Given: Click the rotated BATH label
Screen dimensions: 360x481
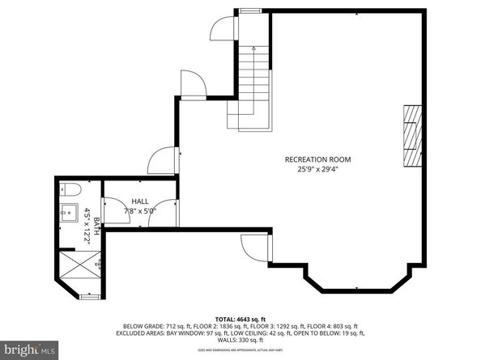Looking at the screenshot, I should click(x=96, y=227).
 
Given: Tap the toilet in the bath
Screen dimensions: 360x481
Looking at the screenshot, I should click(x=70, y=191).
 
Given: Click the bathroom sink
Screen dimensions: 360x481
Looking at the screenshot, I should click(x=70, y=215).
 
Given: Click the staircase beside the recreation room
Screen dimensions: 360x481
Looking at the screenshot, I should click(x=253, y=87).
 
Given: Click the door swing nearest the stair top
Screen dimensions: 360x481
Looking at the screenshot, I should click(x=221, y=28).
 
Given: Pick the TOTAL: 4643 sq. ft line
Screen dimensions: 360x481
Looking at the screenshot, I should click(x=240, y=320).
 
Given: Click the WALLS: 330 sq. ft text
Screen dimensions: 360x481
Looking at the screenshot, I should click(x=240, y=340).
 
